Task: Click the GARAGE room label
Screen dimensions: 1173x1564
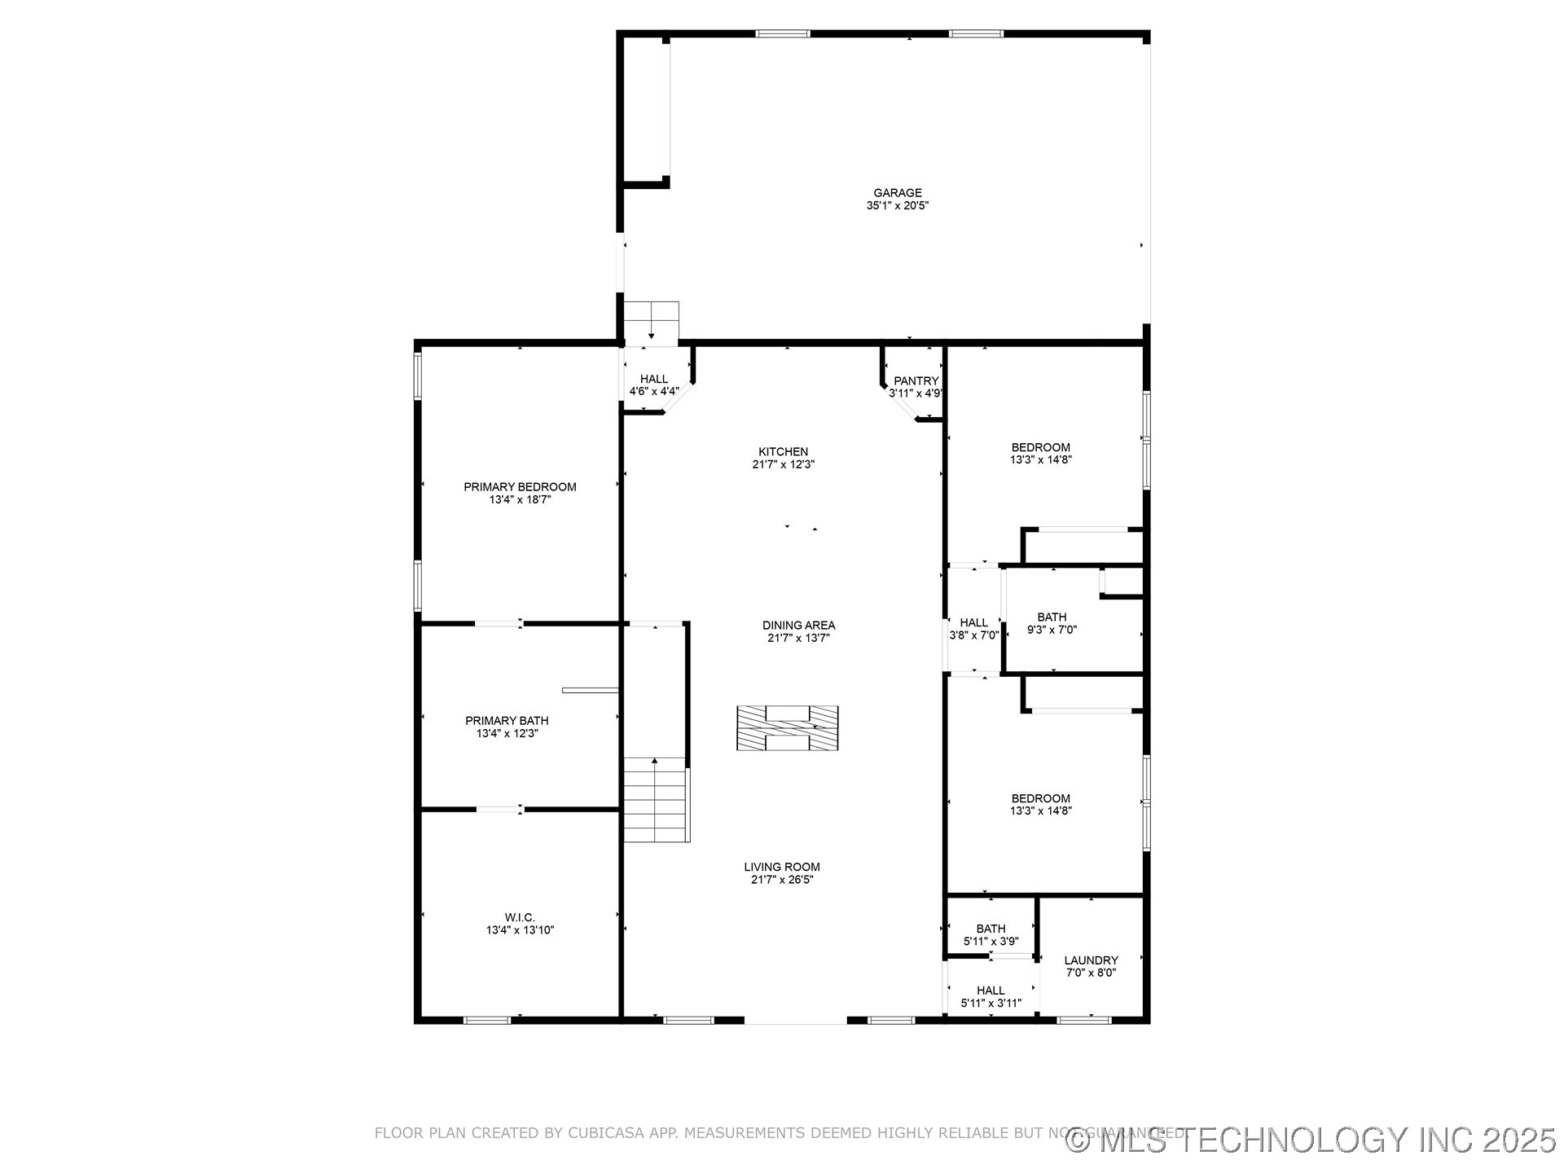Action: pyautogui.click(x=898, y=193)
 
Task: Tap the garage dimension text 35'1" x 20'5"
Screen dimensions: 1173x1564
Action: pyautogui.click(x=898, y=206)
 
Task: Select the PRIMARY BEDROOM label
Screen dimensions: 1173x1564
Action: pyautogui.click(x=520, y=487)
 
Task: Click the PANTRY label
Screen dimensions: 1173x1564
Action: pyautogui.click(x=916, y=380)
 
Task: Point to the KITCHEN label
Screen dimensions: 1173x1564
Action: pyautogui.click(x=783, y=451)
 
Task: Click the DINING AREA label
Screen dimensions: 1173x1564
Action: pyautogui.click(x=798, y=625)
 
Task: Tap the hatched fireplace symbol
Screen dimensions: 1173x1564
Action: pyautogui.click(x=787, y=727)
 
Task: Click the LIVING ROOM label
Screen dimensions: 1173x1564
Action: pyautogui.click(x=781, y=867)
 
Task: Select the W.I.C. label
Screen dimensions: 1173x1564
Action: pyautogui.click(x=520, y=917)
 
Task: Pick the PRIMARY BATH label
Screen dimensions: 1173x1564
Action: pyautogui.click(x=507, y=720)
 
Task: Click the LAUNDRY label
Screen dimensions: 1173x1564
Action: pyautogui.click(x=1091, y=960)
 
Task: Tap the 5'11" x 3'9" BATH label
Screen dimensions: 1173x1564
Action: pyautogui.click(x=991, y=929)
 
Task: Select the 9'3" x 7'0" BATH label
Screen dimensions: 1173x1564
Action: pyautogui.click(x=1052, y=617)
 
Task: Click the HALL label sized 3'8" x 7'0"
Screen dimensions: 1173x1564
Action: pyautogui.click(x=973, y=622)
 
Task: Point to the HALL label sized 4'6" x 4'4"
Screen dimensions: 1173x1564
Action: pyautogui.click(x=653, y=379)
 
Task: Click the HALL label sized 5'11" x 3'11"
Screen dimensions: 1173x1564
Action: pyautogui.click(x=991, y=991)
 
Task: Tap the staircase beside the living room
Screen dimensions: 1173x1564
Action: pyautogui.click(x=656, y=799)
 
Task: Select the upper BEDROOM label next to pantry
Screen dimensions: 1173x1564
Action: pyautogui.click(x=1040, y=447)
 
